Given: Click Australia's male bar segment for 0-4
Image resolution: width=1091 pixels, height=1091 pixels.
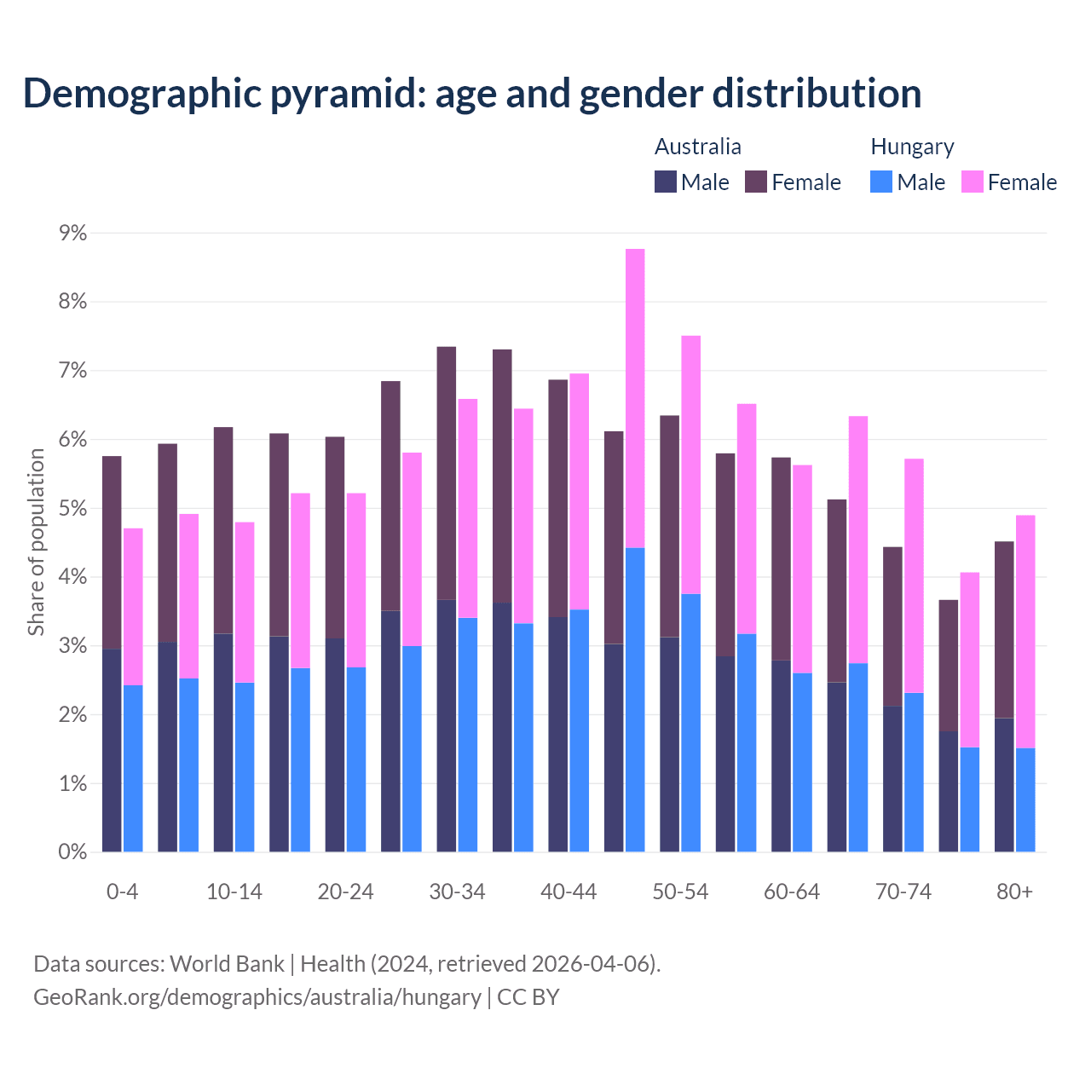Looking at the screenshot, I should click(x=112, y=750).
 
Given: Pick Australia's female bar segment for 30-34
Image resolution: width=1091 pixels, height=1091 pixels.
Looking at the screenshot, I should click(x=446, y=473).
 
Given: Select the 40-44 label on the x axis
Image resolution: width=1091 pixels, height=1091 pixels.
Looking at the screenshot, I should click(x=569, y=892).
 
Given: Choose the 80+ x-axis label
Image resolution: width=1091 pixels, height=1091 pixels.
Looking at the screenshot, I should click(x=1014, y=892).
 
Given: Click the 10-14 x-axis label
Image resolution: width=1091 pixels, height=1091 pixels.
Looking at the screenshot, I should click(x=234, y=892).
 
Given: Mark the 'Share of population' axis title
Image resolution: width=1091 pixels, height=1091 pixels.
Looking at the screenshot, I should click(x=36, y=542).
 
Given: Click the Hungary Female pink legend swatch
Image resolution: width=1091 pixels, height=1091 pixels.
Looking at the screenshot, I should click(x=972, y=182).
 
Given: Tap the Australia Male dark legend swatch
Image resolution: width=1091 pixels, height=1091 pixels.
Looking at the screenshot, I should click(x=666, y=182).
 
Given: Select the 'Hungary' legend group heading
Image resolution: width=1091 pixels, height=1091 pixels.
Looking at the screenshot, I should click(x=912, y=147).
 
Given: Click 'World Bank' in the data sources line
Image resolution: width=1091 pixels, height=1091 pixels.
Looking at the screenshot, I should click(x=227, y=964).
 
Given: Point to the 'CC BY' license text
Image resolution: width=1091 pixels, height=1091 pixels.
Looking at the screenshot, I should click(x=528, y=997).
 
